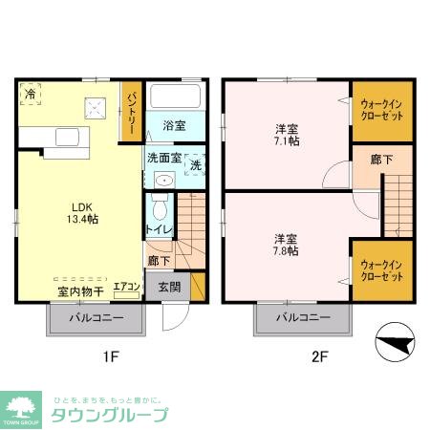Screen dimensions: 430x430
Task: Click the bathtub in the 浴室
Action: pyautogui.click(x=175, y=97)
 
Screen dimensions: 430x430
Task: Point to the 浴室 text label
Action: pyautogui.click(x=173, y=125)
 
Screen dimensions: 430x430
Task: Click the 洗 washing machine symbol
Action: pyautogui.click(x=195, y=163)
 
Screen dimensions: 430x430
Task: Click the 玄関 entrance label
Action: pyautogui.click(x=168, y=286)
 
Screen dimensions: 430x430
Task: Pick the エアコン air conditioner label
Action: pyautogui.click(x=127, y=286)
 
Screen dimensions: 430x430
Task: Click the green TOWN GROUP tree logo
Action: pyautogui.click(x=20, y=407)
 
